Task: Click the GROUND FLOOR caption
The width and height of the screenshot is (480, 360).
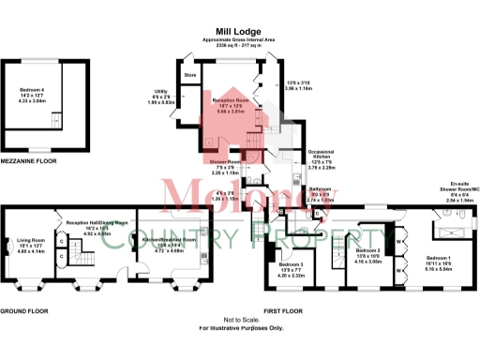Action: (25, 309)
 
